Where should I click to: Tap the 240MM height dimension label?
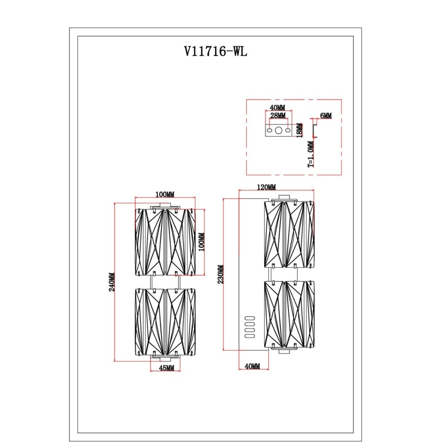pos(112,282)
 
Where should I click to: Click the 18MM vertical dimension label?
pos(300,131)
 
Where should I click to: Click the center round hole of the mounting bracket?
pos(278,131)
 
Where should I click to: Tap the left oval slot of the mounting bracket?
pos(269,131)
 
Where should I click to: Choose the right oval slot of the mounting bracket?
pos(288,131)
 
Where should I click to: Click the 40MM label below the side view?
pos(252,366)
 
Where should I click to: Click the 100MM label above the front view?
pos(165,194)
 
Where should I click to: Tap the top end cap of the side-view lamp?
pos(285,198)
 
